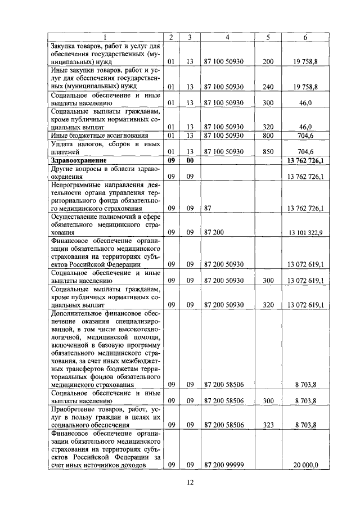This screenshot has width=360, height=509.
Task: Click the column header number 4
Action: [227, 37]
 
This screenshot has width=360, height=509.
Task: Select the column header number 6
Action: [305, 37]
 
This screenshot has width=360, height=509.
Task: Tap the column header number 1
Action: [105, 37]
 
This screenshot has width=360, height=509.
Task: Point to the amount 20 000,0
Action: [306, 465]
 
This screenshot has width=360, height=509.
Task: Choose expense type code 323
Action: [268, 425]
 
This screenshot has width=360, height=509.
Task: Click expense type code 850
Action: [268, 151]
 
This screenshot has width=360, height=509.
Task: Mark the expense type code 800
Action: [268, 135]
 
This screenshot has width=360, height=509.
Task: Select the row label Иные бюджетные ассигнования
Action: [91, 135]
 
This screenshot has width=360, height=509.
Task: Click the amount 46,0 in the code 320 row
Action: [306, 127]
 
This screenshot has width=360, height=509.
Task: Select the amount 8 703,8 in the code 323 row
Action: [306, 425]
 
